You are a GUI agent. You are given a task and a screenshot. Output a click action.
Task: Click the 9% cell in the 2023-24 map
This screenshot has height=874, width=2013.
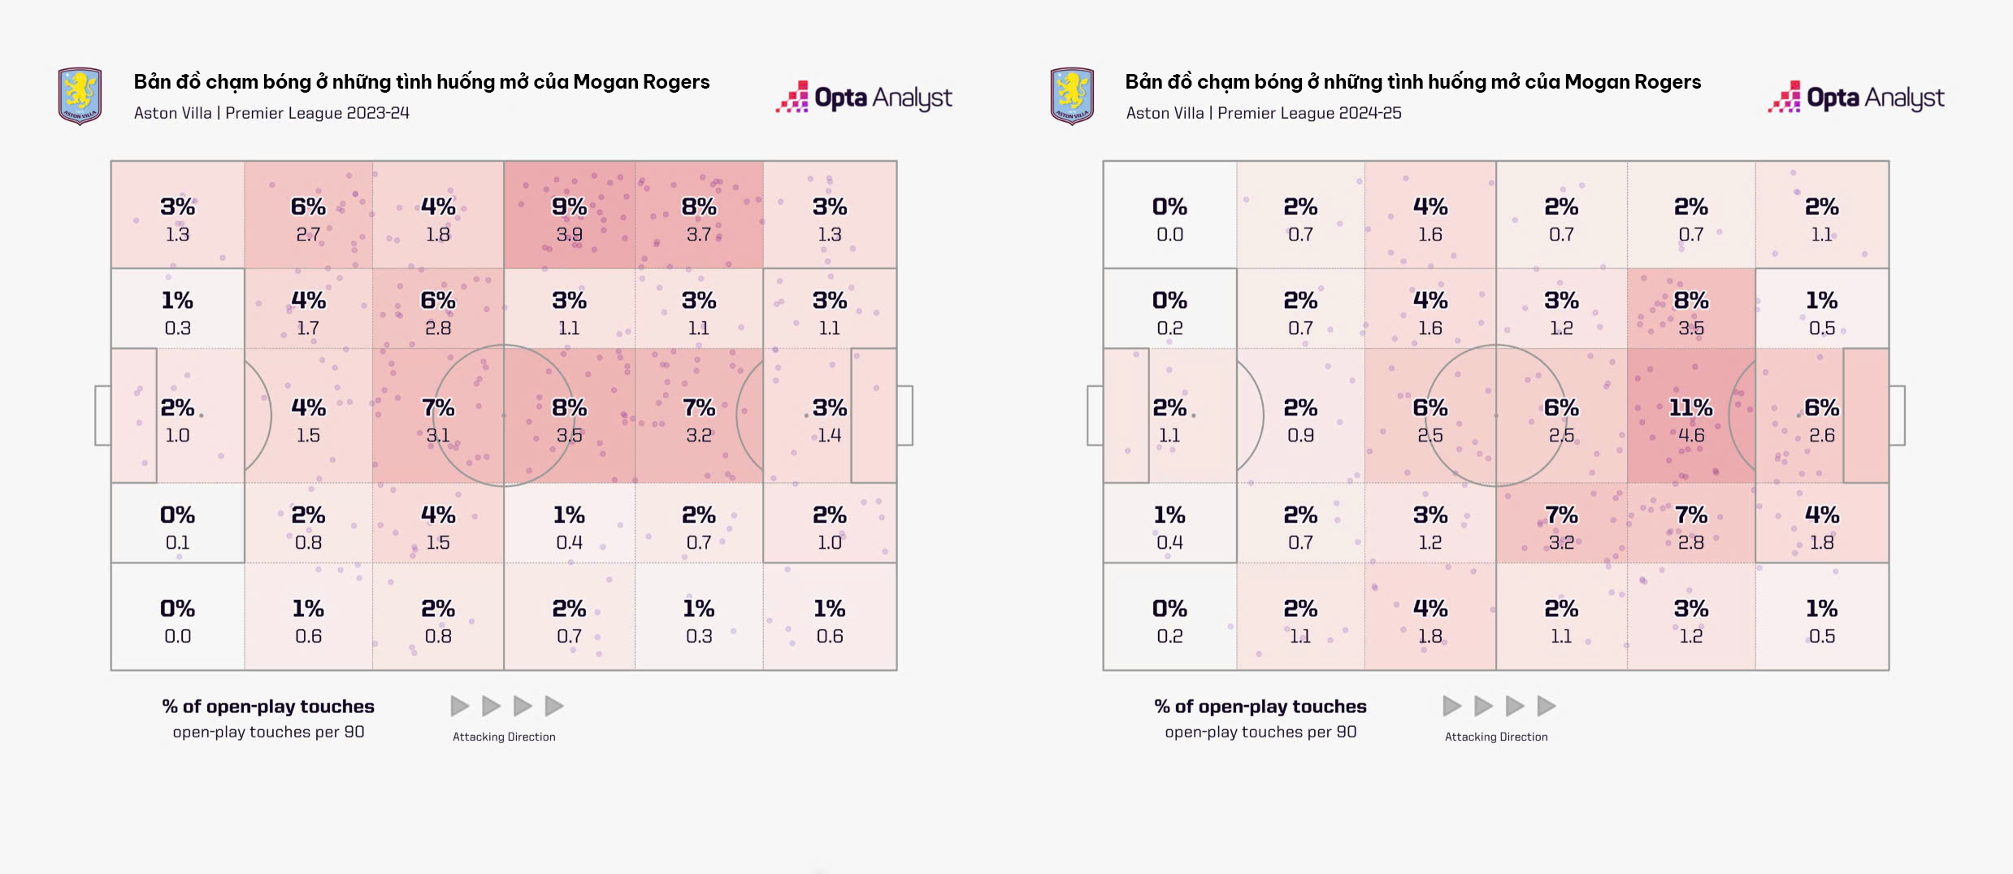tap(569, 207)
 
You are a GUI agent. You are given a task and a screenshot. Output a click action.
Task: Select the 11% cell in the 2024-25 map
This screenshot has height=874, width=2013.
tap(1690, 407)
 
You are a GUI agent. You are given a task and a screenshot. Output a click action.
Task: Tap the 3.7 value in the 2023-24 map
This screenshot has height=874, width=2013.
tap(699, 235)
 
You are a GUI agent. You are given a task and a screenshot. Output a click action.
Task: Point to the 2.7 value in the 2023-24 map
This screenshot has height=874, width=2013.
tap(308, 235)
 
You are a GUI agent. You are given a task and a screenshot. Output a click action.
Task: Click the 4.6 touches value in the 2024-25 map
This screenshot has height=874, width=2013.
tap(1691, 436)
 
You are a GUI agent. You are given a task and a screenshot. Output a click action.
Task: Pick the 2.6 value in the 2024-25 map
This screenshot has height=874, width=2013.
tap(1821, 436)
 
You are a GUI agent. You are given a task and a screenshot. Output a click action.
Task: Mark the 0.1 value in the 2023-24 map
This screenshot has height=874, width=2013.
tap(177, 542)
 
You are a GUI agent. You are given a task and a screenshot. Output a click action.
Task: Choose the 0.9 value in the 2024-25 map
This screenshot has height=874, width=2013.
tap(1300, 436)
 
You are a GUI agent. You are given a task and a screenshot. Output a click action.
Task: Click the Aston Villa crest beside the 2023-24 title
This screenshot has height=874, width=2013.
tap(80, 97)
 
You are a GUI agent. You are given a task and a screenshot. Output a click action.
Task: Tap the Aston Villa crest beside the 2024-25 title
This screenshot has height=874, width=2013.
tap(1072, 97)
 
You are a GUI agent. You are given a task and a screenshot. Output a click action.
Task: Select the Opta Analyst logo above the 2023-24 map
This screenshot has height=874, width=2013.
tap(864, 98)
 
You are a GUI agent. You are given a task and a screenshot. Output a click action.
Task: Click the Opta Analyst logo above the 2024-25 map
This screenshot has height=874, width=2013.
tap(1856, 98)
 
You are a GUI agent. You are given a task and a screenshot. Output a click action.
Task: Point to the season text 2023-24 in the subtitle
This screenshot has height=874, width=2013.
tap(378, 113)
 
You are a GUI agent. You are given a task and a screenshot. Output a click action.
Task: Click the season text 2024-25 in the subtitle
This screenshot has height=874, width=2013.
tap(1370, 113)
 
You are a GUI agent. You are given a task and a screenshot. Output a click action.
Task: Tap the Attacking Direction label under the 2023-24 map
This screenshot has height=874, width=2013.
tap(504, 737)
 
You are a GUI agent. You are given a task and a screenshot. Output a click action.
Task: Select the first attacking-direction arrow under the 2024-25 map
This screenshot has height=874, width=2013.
tap(1451, 706)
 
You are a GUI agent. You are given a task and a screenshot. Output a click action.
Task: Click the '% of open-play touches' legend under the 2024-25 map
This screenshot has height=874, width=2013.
tap(1260, 707)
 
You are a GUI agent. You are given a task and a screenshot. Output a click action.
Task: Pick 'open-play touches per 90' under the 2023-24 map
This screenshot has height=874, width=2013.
tap(268, 732)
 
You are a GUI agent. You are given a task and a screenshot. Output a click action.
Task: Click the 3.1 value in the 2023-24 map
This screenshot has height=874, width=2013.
tap(438, 436)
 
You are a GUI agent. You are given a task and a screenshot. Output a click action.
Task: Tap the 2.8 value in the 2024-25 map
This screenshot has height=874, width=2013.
tap(1691, 542)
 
